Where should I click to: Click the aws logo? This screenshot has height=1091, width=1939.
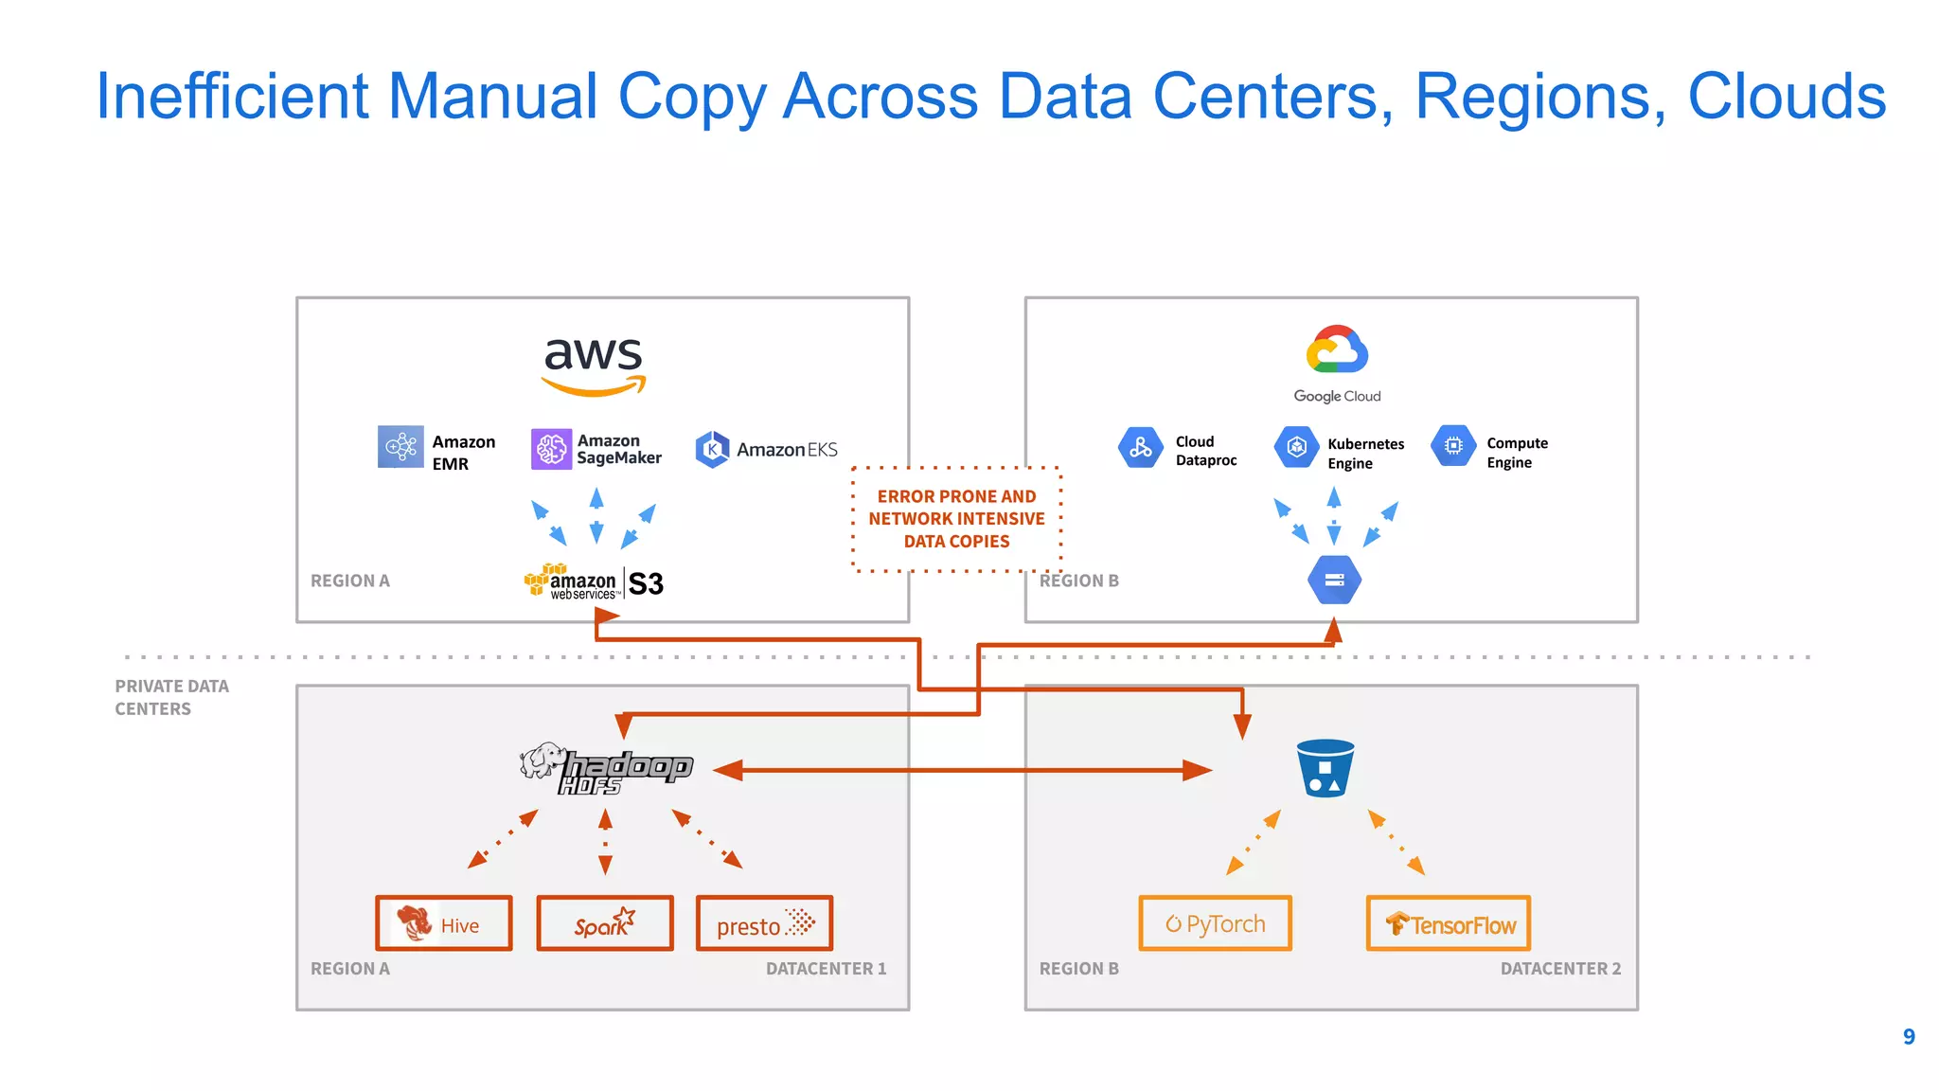(594, 366)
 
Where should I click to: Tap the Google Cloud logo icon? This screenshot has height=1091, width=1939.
(1337, 350)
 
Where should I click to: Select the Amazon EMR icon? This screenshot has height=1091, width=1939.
(400, 446)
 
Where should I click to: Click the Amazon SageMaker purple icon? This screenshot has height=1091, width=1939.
(551, 449)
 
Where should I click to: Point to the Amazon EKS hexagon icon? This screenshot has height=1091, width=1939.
(712, 450)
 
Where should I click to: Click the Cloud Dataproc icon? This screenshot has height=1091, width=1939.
(1140, 448)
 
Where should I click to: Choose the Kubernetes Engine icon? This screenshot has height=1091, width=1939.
(1296, 447)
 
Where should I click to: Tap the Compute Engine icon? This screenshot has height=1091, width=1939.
(1453, 446)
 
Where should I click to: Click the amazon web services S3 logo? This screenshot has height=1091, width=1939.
(595, 582)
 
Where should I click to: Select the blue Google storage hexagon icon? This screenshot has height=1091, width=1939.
(1334, 580)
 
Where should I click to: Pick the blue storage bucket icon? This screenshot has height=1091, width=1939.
(1325, 768)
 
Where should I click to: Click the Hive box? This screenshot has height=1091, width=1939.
(444, 923)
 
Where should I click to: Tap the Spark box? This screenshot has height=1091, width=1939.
(605, 923)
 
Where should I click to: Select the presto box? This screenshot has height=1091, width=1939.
(765, 923)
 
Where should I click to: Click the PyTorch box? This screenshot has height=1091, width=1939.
(1216, 923)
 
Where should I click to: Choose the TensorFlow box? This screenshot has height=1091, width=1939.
(1449, 923)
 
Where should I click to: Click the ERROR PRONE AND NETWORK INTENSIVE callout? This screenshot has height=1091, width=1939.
(956, 519)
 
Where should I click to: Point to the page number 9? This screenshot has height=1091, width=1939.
(1909, 1037)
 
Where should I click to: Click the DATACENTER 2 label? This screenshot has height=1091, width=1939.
(1560, 969)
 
